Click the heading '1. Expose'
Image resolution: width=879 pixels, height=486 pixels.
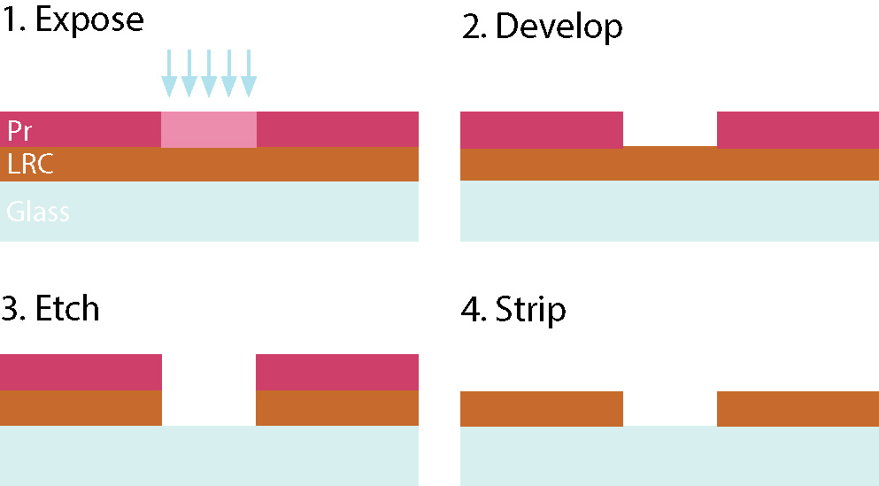point(72,20)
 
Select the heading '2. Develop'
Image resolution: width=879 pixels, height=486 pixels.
point(542,27)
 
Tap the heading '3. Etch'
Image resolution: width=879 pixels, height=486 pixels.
point(50,309)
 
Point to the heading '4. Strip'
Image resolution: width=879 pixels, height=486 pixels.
point(514,311)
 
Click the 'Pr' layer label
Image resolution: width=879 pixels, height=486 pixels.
point(19,131)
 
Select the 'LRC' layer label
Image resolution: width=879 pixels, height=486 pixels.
point(30,164)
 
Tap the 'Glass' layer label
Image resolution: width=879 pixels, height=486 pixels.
point(38,212)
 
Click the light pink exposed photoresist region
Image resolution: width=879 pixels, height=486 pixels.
point(209,129)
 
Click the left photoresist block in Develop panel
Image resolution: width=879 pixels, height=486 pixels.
point(542,129)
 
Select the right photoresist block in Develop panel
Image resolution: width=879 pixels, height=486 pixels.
point(798,129)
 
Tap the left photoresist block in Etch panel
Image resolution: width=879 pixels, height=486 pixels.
point(81,372)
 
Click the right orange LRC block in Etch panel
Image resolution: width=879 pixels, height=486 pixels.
point(337,408)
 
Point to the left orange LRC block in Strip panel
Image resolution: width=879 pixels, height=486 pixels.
point(542,408)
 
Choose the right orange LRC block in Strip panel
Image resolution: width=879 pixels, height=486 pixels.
point(798,408)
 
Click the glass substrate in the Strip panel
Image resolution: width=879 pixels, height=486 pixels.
point(669,457)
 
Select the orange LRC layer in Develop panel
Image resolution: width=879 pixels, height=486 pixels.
point(669,165)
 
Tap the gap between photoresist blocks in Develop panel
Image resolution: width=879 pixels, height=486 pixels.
point(670,129)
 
